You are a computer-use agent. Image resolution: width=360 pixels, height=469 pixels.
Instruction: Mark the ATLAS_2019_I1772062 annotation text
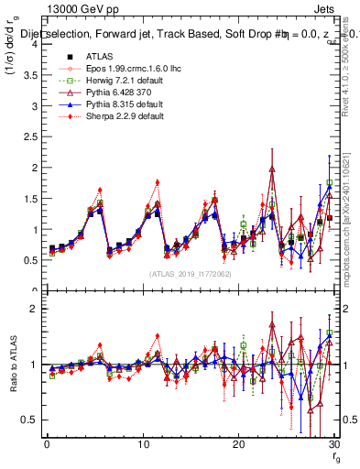(190, 273)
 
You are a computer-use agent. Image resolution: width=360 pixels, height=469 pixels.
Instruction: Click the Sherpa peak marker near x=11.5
(158, 182)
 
